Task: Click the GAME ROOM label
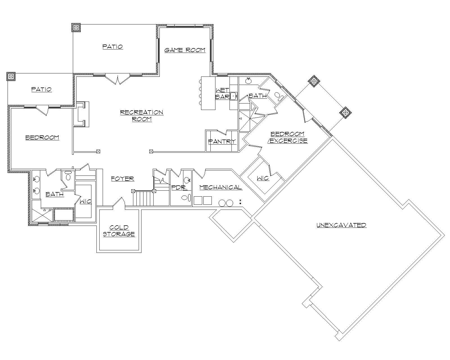tap(185, 50)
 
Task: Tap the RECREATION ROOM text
tap(141, 115)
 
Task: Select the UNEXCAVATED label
tap(341, 225)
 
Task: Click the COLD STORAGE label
tap(119, 231)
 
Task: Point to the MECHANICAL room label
tap(220, 187)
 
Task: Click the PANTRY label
tap(222, 141)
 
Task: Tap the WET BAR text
tap(222, 93)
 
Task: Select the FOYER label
tap(122, 179)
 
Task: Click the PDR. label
tap(178, 187)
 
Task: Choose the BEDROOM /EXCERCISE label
tap(287, 137)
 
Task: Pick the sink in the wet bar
tap(234, 96)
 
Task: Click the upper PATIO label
tap(112, 47)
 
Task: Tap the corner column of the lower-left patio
tap(11, 76)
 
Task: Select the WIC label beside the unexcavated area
tap(263, 178)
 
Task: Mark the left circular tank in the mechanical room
tap(222, 203)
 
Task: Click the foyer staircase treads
tap(143, 198)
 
